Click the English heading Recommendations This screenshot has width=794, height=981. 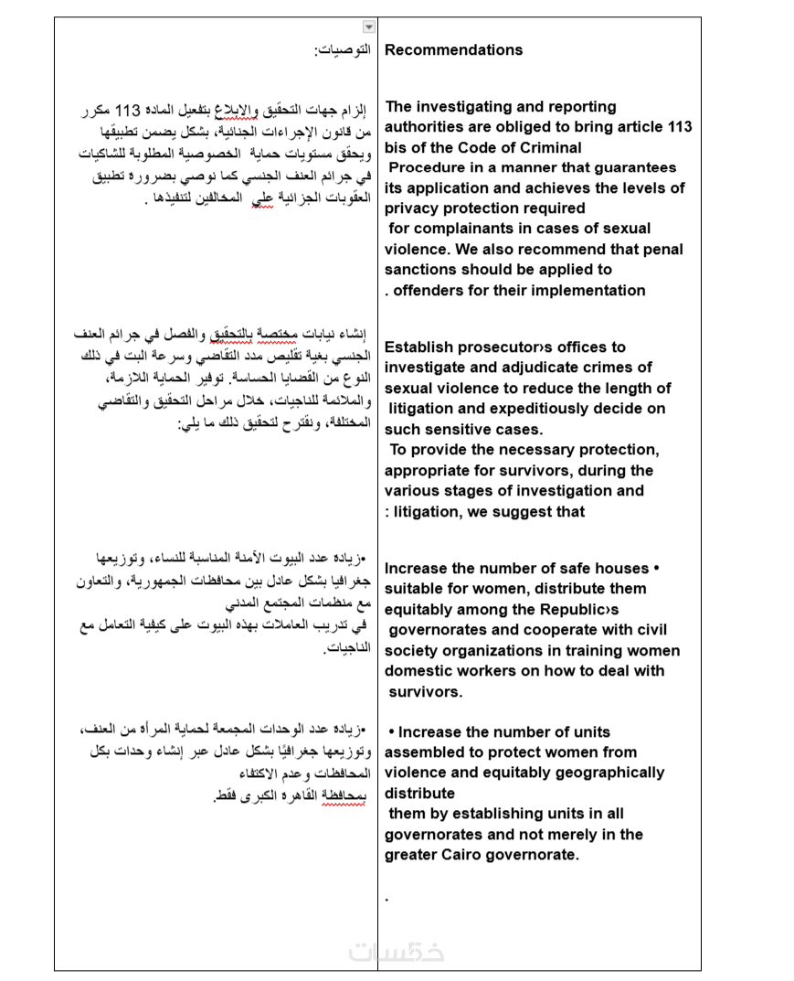[453, 50]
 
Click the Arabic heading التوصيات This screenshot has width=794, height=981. [342, 49]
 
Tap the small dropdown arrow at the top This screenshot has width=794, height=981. [369, 27]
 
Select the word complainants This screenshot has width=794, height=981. [457, 229]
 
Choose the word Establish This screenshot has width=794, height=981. [418, 347]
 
